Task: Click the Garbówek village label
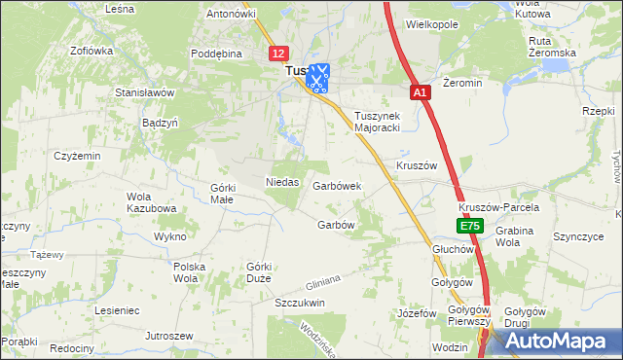tap(337, 185)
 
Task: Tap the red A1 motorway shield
tap(419, 92)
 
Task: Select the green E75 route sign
tap(470, 226)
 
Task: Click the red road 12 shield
tap(279, 54)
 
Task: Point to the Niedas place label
tap(281, 182)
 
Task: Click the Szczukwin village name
tap(299, 303)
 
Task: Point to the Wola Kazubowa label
tap(151, 202)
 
